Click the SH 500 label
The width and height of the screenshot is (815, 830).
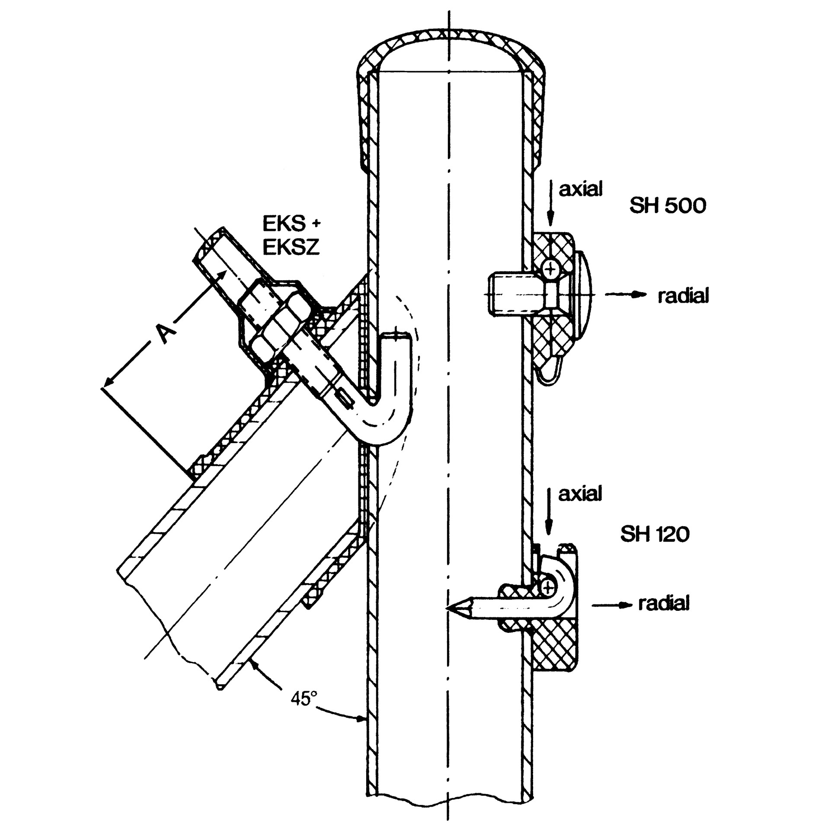667,205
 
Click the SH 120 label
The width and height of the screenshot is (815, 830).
655,535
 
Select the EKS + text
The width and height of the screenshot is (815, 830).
292,224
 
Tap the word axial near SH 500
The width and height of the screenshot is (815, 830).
580,189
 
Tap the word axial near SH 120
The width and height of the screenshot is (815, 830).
580,494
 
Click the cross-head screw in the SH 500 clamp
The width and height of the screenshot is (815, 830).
551,271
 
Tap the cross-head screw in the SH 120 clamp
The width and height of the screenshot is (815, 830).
548,587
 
